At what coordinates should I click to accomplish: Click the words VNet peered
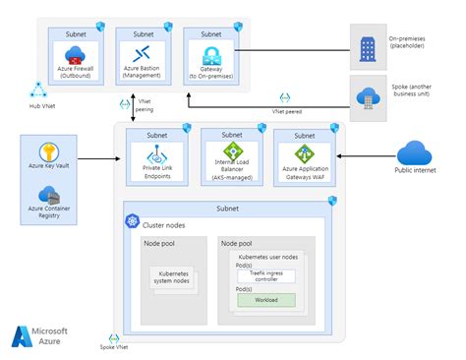pos(286,111)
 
